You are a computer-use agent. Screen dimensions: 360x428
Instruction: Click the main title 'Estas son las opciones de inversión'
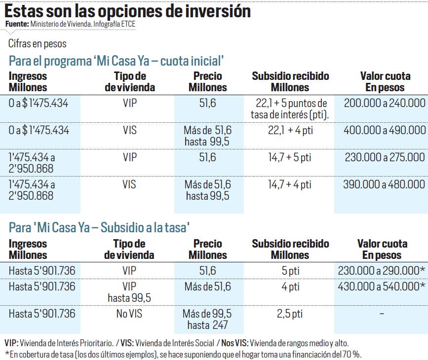point(127,11)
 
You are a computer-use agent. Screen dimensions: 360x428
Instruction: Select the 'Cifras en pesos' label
point(37,44)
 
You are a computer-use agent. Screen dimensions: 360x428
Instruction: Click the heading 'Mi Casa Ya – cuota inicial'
point(117,61)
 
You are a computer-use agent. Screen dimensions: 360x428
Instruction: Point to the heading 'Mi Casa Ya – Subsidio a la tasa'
point(99,227)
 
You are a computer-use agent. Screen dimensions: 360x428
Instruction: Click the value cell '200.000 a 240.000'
point(381,103)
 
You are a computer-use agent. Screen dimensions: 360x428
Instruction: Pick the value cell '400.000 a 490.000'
point(381,130)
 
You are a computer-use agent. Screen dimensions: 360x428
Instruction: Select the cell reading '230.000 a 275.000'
point(381,157)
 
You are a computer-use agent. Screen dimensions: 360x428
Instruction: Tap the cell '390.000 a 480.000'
point(381,184)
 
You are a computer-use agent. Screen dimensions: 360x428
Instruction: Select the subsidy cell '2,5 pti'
point(290,314)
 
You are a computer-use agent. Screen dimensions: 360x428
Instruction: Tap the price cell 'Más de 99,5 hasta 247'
point(207,320)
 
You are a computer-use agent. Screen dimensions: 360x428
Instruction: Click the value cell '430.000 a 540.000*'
point(382,287)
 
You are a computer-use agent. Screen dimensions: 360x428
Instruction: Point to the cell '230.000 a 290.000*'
point(382,270)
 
